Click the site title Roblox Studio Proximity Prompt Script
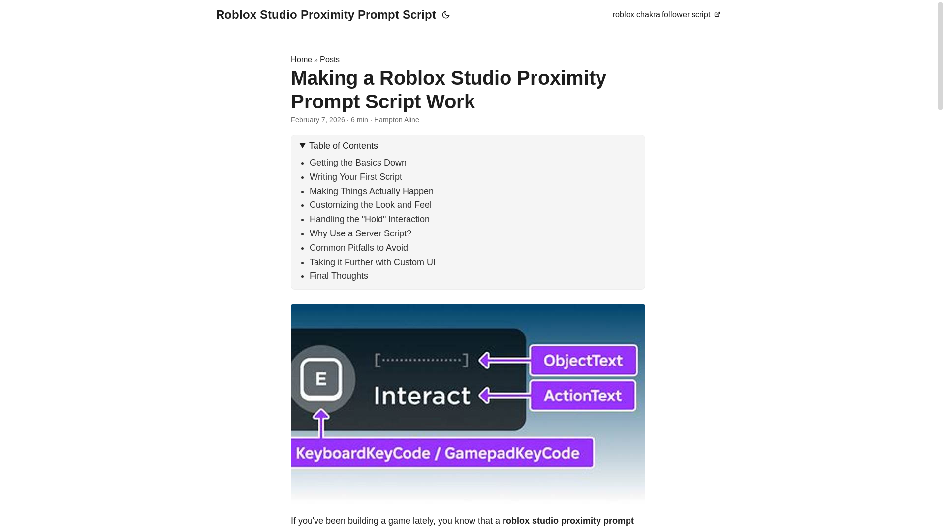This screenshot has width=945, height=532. click(x=325, y=15)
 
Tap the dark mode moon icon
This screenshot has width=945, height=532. click(x=446, y=15)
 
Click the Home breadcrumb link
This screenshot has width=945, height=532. click(x=301, y=59)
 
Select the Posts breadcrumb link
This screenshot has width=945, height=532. click(x=329, y=59)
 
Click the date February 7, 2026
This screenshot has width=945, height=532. click(x=317, y=120)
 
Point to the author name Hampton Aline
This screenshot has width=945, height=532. click(x=396, y=120)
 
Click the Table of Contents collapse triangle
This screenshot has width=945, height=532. click(x=302, y=146)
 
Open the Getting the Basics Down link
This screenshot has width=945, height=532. click(x=358, y=163)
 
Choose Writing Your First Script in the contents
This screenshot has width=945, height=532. click(x=355, y=177)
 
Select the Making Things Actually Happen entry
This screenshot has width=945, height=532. click(x=371, y=191)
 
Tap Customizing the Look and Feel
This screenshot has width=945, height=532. click(x=370, y=205)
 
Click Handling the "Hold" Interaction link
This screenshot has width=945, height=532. click(x=369, y=219)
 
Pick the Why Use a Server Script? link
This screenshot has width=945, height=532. click(x=360, y=233)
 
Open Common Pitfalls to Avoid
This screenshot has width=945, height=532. click(x=358, y=248)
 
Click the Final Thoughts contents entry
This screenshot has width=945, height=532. click(x=339, y=276)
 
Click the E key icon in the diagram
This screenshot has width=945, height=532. click(x=321, y=379)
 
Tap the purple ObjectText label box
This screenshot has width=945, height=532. click(x=584, y=360)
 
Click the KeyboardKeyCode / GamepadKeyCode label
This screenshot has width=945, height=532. click(x=442, y=453)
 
